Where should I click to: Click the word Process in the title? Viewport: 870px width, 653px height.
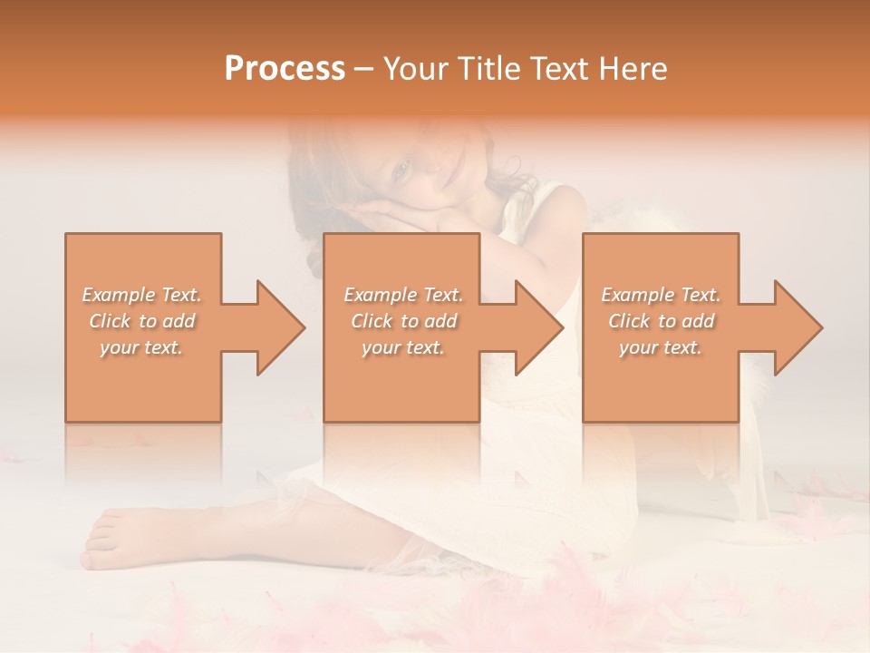click(285, 69)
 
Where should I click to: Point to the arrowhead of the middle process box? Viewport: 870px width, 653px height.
click(538, 327)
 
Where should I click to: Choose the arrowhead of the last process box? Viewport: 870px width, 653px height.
click(797, 327)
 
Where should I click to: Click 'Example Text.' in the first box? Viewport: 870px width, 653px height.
click(142, 295)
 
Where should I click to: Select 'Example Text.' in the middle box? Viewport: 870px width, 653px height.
click(402, 295)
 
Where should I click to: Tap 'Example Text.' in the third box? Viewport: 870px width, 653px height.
click(661, 295)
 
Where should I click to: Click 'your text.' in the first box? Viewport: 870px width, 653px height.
click(142, 347)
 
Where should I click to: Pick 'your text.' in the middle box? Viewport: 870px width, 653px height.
click(402, 347)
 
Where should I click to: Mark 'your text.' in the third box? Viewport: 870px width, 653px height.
click(661, 347)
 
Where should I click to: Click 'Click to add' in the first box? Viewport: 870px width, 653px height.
click(142, 321)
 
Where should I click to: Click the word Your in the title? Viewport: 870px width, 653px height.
click(413, 69)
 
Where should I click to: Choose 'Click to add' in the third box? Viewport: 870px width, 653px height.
click(661, 321)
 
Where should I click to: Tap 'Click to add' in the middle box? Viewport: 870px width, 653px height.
click(402, 321)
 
